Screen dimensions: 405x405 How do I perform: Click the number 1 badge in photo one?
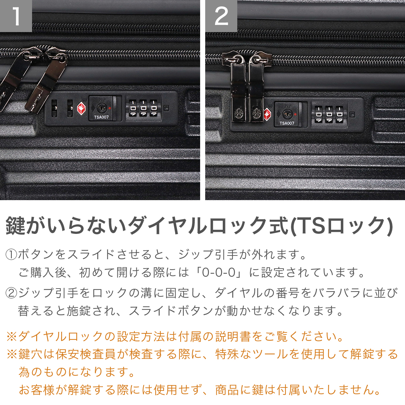(x=16, y=16)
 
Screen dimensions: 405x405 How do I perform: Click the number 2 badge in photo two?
(x=221, y=16)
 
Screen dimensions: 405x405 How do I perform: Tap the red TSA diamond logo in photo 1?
(x=82, y=108)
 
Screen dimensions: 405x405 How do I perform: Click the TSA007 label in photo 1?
(x=101, y=117)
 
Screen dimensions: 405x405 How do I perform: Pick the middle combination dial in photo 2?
(x=329, y=114)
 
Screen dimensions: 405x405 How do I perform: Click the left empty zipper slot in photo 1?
(x=54, y=108)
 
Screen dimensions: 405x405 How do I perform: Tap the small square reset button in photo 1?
(x=166, y=108)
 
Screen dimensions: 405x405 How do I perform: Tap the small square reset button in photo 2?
(x=352, y=115)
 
